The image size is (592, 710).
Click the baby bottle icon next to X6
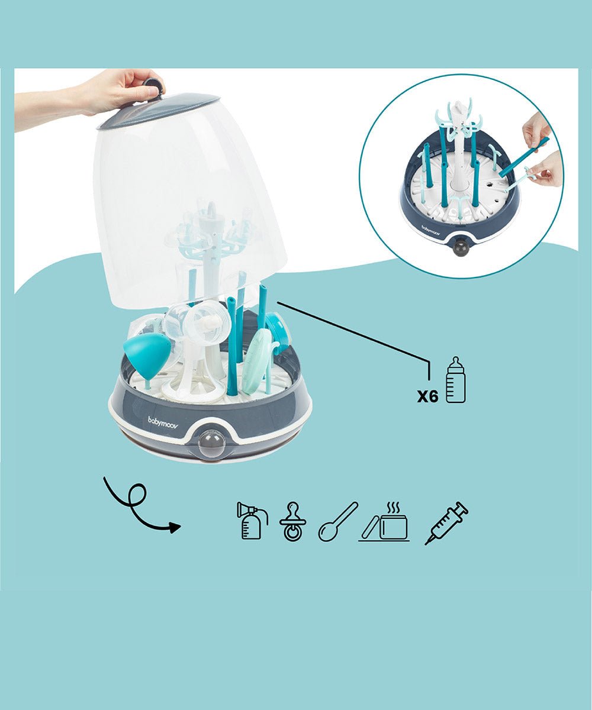455,380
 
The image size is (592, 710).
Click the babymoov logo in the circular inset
432,228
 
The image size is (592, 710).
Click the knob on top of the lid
153,87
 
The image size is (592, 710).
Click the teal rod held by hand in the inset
525,157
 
